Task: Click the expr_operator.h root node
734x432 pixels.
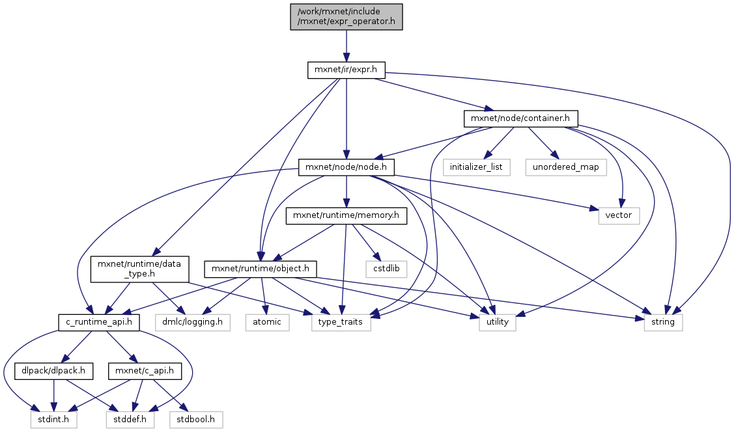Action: coord(346,16)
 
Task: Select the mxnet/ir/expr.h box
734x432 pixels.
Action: coord(346,70)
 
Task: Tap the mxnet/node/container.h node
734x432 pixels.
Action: coord(520,118)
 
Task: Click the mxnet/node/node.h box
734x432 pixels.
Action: coord(346,167)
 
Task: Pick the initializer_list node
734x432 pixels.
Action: coord(476,167)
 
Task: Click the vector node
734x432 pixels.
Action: coord(619,215)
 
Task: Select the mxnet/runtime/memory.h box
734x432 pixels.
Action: coord(346,215)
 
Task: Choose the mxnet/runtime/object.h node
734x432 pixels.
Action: coord(261,268)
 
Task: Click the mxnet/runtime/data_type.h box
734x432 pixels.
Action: coord(139,268)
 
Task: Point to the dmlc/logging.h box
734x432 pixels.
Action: coord(193,322)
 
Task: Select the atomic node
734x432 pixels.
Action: coord(267,322)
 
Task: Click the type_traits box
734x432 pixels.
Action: coord(341,322)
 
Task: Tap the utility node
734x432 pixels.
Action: coord(498,322)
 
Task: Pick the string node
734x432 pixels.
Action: coord(663,322)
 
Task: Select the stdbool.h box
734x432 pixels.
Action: coord(197,420)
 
